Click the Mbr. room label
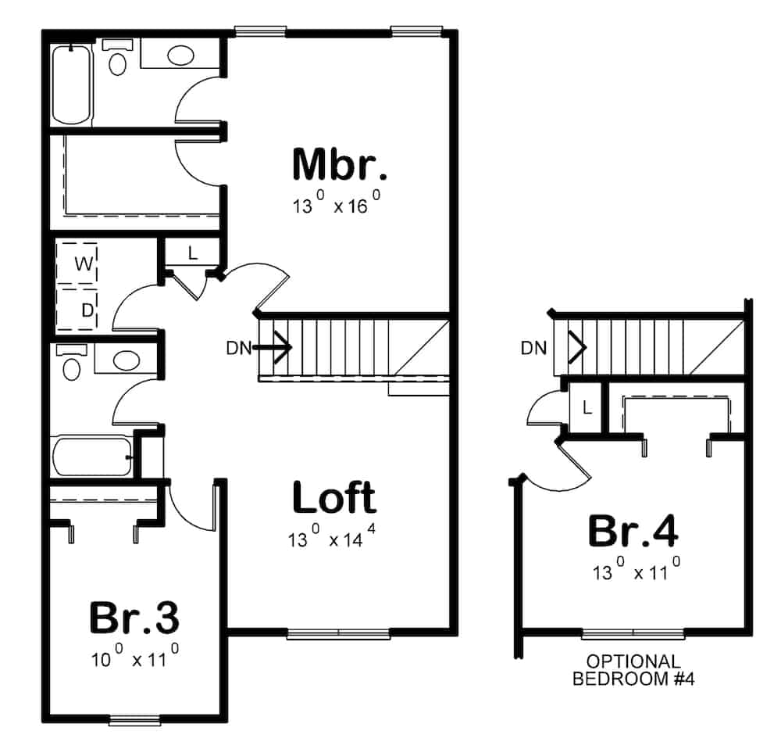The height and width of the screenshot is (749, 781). tap(339, 164)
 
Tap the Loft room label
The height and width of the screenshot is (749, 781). tap(333, 497)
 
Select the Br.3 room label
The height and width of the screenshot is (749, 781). tap(134, 617)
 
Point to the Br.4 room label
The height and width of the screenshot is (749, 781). tap(633, 532)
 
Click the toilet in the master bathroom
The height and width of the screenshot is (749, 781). tap(118, 59)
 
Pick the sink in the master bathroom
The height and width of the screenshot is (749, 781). tap(181, 56)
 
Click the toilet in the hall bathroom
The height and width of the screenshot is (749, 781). tap(72, 364)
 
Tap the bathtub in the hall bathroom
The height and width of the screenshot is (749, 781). tap(91, 457)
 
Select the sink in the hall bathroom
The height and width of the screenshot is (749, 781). tap(125, 360)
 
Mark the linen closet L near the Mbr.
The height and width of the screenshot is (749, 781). tap(192, 253)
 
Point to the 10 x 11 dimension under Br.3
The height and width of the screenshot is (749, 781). tap(134, 658)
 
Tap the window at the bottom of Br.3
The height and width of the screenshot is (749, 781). tap(134, 720)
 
